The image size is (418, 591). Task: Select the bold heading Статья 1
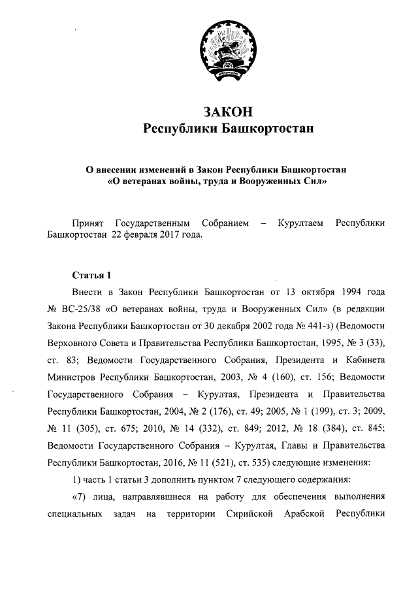point(92,274)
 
